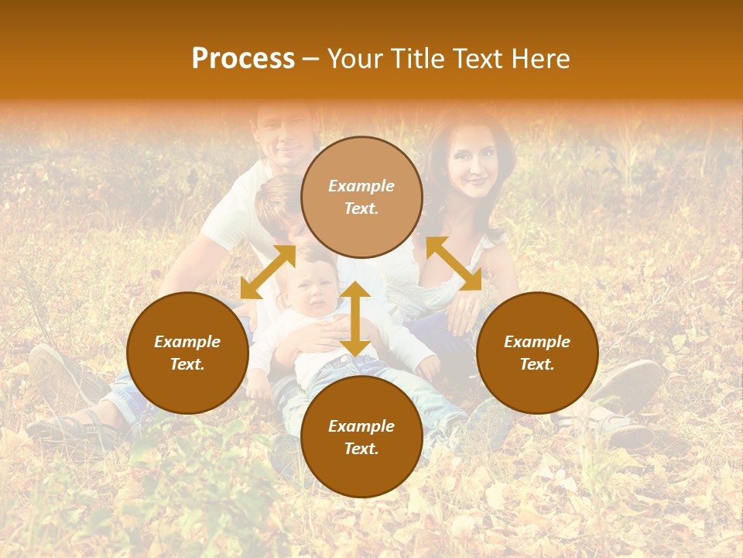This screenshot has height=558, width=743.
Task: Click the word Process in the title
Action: (243, 59)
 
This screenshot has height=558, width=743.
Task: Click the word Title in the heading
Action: (416, 59)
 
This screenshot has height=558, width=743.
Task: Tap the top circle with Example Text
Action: (361, 197)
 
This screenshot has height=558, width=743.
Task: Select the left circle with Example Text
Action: (187, 353)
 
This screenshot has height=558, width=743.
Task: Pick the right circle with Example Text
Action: (536, 353)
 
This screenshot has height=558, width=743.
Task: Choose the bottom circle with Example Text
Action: (361, 436)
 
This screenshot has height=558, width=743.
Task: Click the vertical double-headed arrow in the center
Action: (355, 319)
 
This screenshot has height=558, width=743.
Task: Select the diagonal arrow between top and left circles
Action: (268, 272)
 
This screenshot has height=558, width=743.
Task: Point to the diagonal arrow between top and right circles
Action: (454, 263)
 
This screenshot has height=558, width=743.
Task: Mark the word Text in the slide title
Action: (474, 59)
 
